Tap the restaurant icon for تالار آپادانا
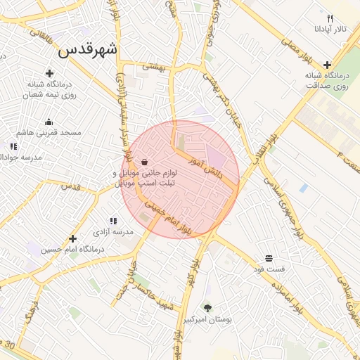tap(330, 18)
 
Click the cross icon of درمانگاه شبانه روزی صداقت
tap(328, 65)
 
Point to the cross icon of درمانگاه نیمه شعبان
tap(49, 73)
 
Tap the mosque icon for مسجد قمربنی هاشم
tap(49, 122)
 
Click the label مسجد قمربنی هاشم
tap(50, 132)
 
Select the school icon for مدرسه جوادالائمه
tap(13, 146)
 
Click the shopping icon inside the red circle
tap(144, 162)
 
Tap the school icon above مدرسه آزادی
tap(113, 221)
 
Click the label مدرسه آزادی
tap(113, 231)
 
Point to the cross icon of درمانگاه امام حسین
tap(72, 238)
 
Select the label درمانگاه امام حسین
tap(72, 249)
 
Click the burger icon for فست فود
tap(269, 258)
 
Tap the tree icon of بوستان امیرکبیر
tap(207, 308)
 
